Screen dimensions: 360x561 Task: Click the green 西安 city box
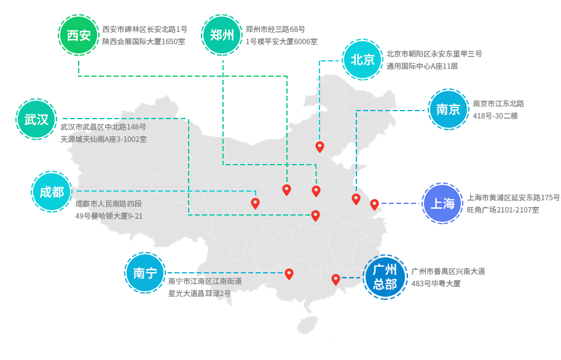click(x=78, y=35)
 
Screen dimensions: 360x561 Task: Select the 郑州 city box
click(x=221, y=35)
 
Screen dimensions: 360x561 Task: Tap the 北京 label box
click(x=362, y=59)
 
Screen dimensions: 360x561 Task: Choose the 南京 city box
click(x=448, y=109)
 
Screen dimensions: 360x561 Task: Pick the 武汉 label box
click(x=36, y=119)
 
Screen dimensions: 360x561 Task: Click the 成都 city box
click(x=51, y=192)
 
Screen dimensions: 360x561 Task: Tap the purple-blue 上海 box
click(x=442, y=203)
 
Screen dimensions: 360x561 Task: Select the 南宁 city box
click(x=144, y=273)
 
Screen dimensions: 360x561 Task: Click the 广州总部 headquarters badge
click(x=385, y=277)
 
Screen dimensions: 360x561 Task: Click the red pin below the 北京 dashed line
click(x=320, y=146)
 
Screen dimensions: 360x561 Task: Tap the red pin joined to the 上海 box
click(x=374, y=204)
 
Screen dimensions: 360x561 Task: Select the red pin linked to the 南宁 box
click(x=289, y=273)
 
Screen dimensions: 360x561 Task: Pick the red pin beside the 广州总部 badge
click(x=335, y=279)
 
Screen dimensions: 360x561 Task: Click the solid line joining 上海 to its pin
click(x=399, y=203)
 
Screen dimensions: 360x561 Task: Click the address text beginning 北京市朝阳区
click(x=434, y=54)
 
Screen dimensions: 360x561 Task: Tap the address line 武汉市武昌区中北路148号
click(x=103, y=127)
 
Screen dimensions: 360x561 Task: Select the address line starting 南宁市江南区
click(x=205, y=281)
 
